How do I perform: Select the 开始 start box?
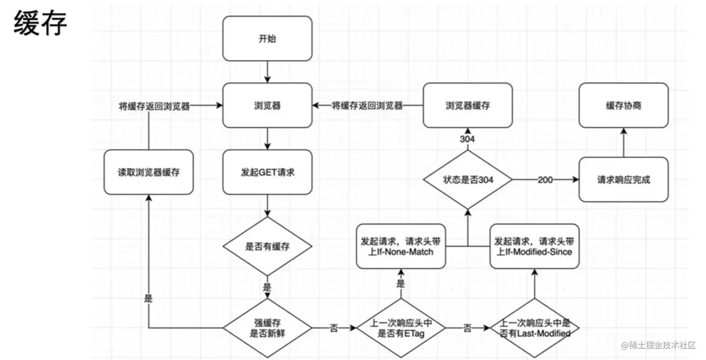(267, 39)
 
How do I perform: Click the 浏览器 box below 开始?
(267, 106)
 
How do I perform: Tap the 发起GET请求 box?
(267, 172)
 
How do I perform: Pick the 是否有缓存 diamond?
(267, 246)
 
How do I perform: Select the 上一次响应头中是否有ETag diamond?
(401, 328)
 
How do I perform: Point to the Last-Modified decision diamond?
(535, 328)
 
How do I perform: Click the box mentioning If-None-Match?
(401, 247)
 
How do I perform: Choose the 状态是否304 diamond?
(467, 179)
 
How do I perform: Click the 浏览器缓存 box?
(467, 106)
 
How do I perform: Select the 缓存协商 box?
(623, 106)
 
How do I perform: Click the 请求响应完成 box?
(623, 179)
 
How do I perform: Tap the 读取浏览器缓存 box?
(148, 172)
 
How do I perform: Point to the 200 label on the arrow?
(545, 180)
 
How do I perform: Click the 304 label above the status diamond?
(467, 139)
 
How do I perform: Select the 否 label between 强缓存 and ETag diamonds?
(334, 328)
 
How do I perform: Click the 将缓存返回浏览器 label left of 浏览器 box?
(155, 106)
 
